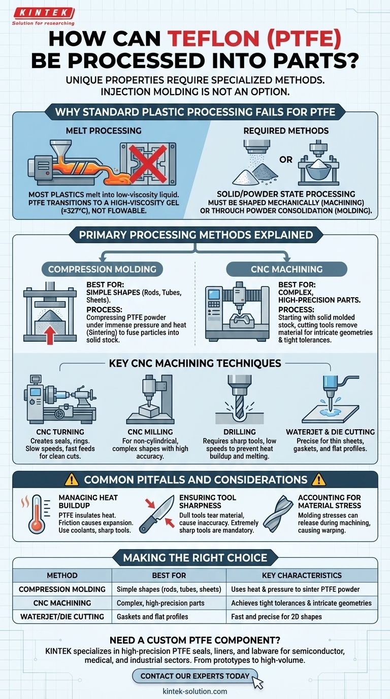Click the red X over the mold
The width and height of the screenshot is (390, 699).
pyautogui.click(x=148, y=164)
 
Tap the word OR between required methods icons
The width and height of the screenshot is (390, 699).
pyautogui.click(x=286, y=160)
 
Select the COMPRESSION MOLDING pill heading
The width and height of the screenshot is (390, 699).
pyautogui.click(x=103, y=269)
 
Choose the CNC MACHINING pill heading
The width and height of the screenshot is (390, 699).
pyautogui.click(x=287, y=269)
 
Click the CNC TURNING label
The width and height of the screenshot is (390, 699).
pyautogui.click(x=60, y=432)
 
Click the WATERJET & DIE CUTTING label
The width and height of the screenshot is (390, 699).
pyautogui.click(x=331, y=432)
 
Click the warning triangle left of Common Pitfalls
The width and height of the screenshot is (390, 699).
pyautogui.click(x=72, y=480)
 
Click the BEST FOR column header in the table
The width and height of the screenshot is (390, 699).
pyautogui.click(x=169, y=576)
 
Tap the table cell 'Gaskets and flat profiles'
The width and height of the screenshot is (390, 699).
pyautogui.click(x=152, y=617)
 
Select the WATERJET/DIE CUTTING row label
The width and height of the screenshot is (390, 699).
pyautogui.click(x=62, y=617)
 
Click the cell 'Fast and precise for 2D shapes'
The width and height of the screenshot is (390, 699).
pyautogui.click(x=276, y=617)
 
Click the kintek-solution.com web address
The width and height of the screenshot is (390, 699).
pyautogui.click(x=195, y=691)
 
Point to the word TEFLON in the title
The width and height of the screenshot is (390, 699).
pyautogui.click(x=213, y=39)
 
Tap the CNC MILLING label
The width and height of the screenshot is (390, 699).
pyautogui.click(x=150, y=432)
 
